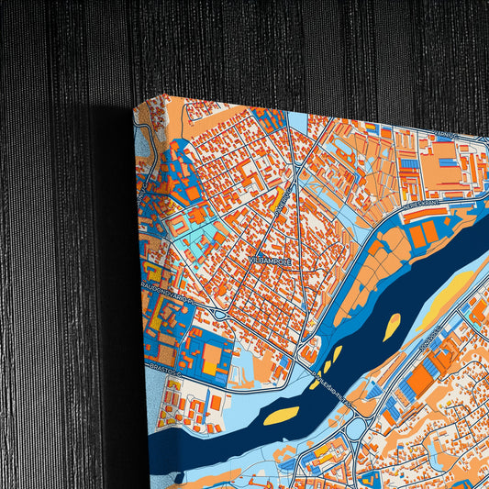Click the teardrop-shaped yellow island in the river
tap(392, 324)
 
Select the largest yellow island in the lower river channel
tap(282, 415)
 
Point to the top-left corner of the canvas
tap(135, 103)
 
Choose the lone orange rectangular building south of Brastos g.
tap(216, 402)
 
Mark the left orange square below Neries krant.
tap(418, 237)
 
